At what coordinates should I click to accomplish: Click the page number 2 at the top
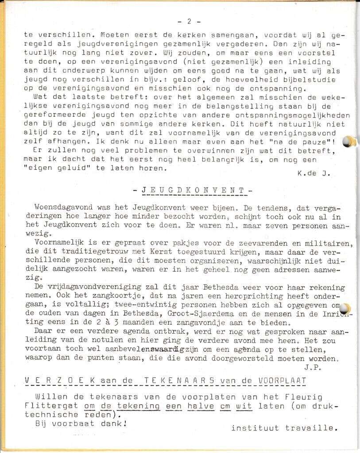pos(189,21)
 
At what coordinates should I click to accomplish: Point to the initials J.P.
pos(312,367)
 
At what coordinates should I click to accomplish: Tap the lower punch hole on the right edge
pos(347,308)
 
